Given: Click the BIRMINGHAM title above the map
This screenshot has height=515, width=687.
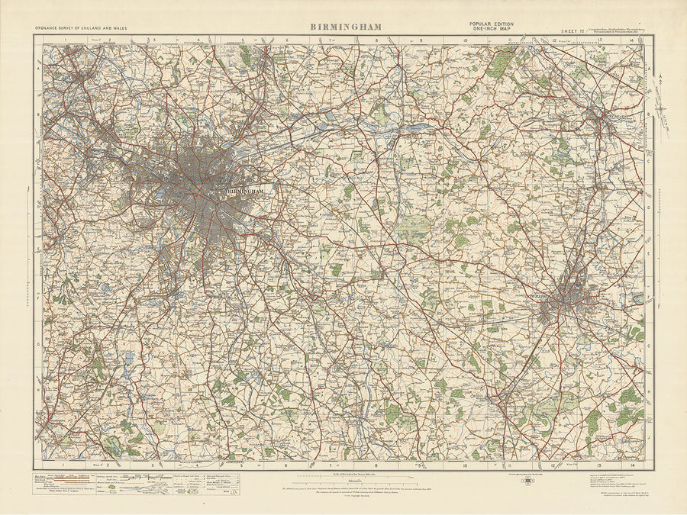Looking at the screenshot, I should [x=345, y=27].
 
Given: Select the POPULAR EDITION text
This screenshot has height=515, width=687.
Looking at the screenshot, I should [x=491, y=24].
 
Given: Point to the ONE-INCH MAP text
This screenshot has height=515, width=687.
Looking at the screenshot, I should [x=491, y=30].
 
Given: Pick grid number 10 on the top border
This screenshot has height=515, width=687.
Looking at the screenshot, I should [x=465, y=40].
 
